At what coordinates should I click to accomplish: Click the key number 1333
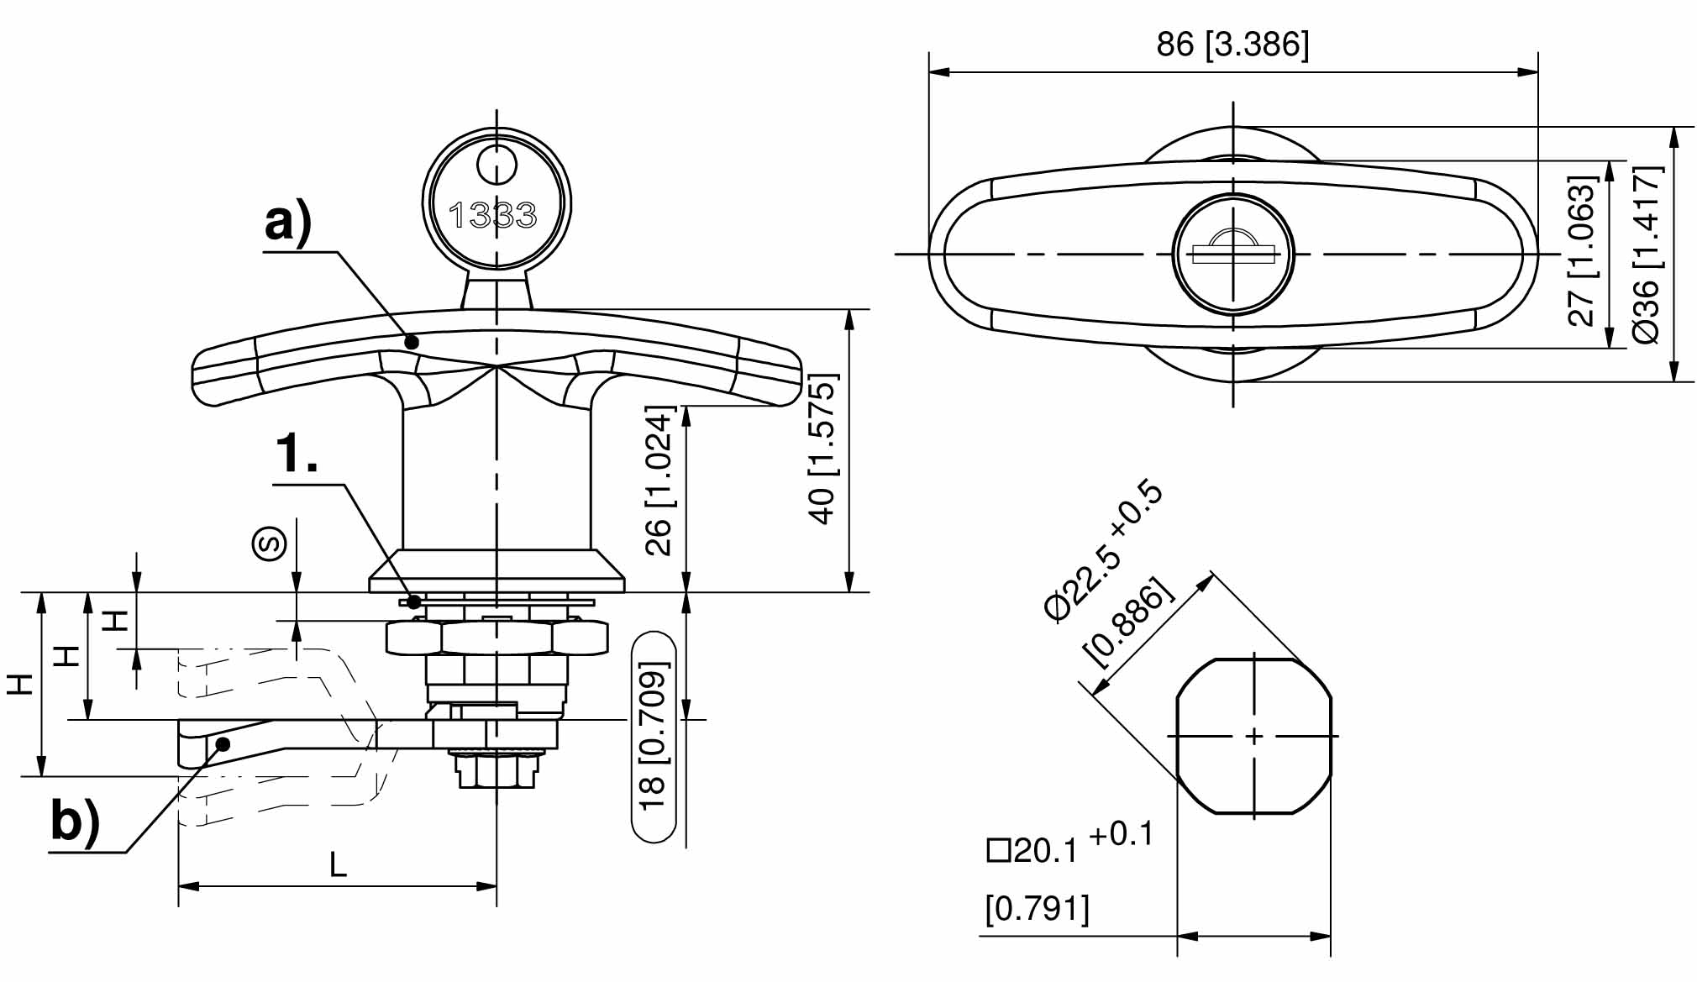[x=493, y=216]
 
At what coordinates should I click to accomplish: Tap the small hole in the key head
[x=496, y=165]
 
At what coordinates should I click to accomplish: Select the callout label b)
[x=75, y=821]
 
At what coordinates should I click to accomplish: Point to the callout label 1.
[x=297, y=454]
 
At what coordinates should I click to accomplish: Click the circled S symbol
[x=270, y=544]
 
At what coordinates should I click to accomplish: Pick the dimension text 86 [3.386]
[x=1232, y=44]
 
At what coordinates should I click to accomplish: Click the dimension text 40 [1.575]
[x=822, y=449]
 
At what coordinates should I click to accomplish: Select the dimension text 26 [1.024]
[x=659, y=480]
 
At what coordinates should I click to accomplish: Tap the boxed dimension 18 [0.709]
[x=654, y=737]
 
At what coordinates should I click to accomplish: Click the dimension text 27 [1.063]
[x=1582, y=251]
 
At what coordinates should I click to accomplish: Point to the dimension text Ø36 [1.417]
[x=1647, y=255]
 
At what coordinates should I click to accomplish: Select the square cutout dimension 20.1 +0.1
[x=1070, y=845]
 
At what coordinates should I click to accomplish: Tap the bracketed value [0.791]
[x=1037, y=909]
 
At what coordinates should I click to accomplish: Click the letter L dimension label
[x=338, y=864]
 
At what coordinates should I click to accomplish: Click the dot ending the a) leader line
[x=412, y=342]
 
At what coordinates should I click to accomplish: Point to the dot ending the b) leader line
[x=223, y=743]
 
